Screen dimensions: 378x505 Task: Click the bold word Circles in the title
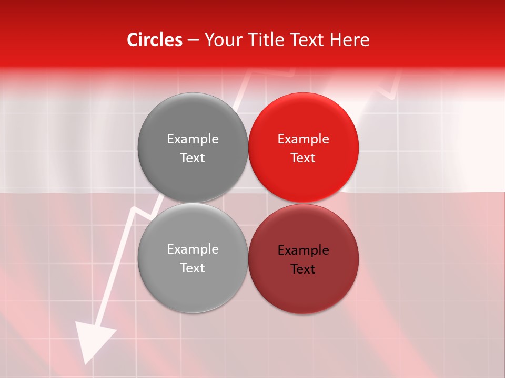coord(154,40)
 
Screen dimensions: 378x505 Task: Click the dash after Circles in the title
coord(193,40)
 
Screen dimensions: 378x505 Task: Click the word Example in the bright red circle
coord(304,139)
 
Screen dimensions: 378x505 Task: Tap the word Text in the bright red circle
coord(304,158)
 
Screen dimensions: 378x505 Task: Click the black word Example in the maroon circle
coord(304,250)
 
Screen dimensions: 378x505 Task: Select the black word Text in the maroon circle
coord(304,269)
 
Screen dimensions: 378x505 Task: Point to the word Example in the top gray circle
coord(193,139)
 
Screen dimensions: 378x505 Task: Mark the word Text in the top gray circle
coord(193,158)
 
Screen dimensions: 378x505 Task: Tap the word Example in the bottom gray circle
coord(193,249)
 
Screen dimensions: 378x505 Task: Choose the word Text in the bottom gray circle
coord(193,268)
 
